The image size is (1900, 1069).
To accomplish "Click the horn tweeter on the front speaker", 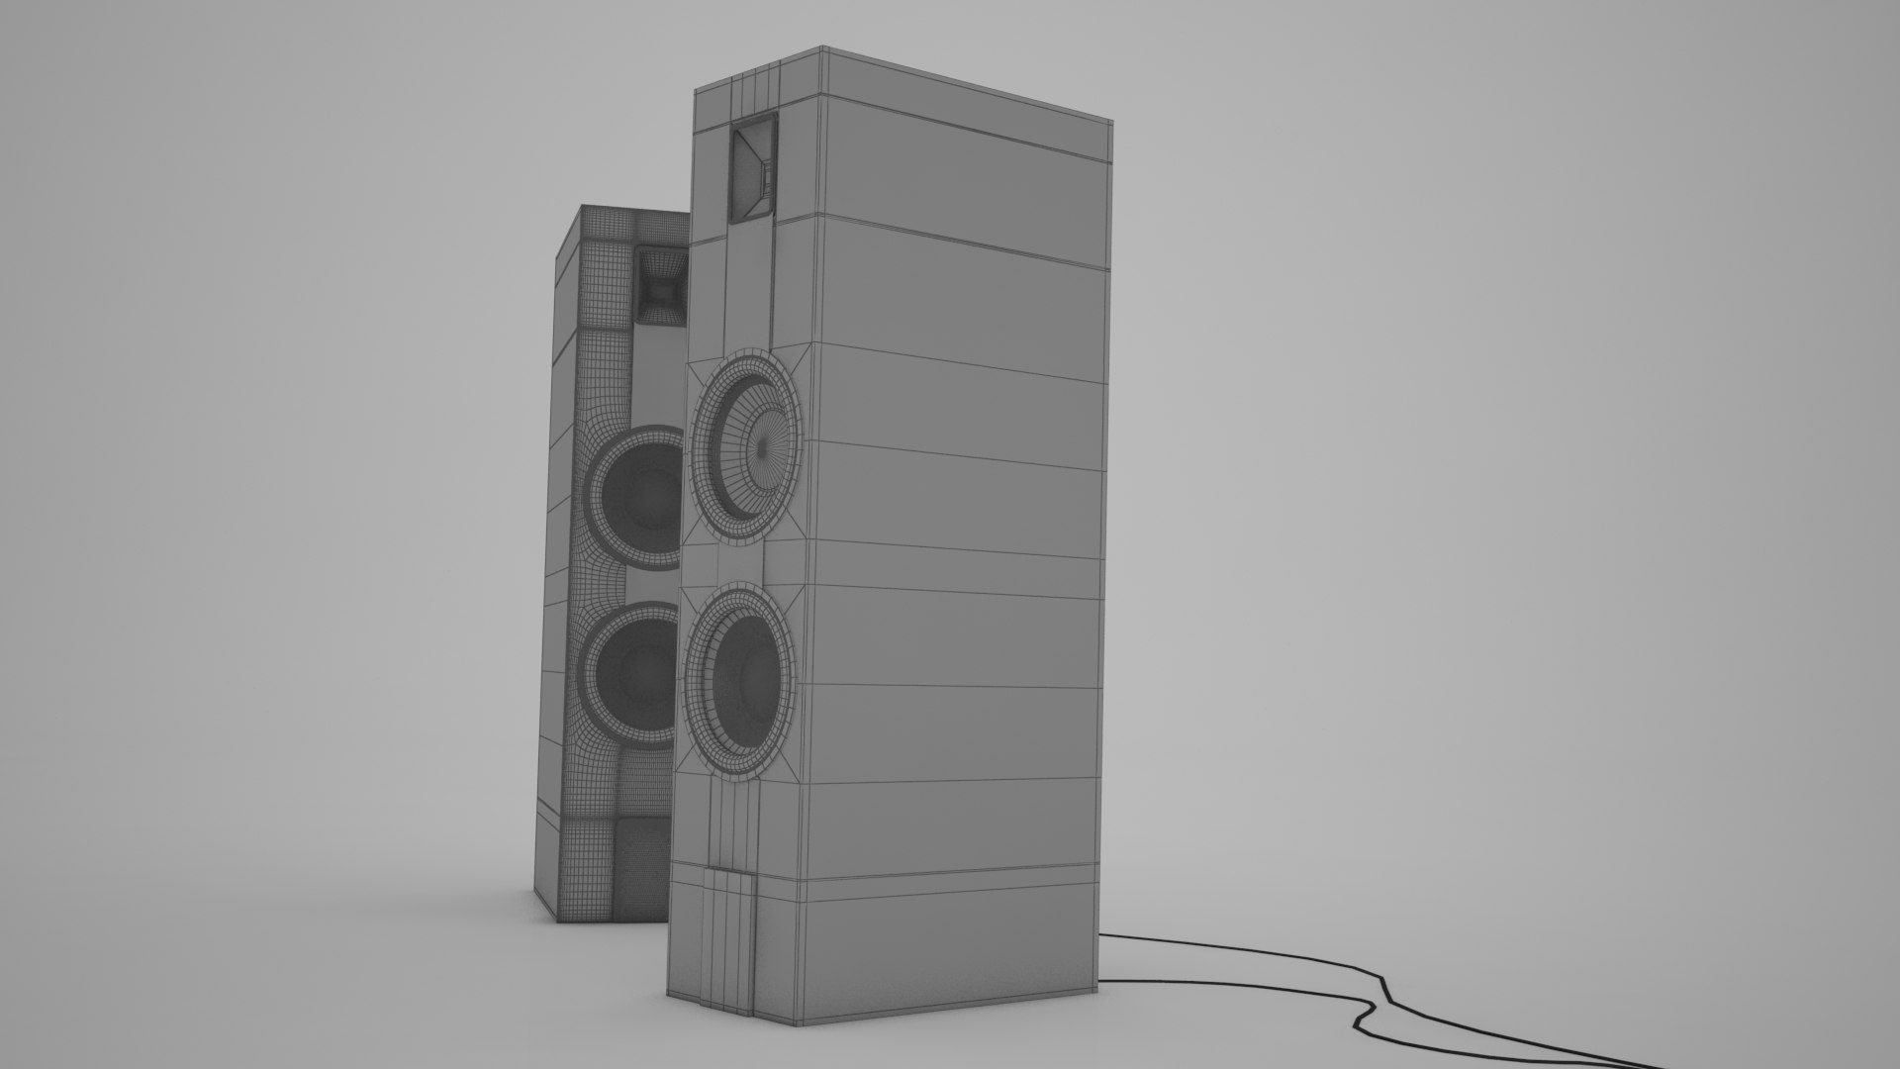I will [x=753, y=167].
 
